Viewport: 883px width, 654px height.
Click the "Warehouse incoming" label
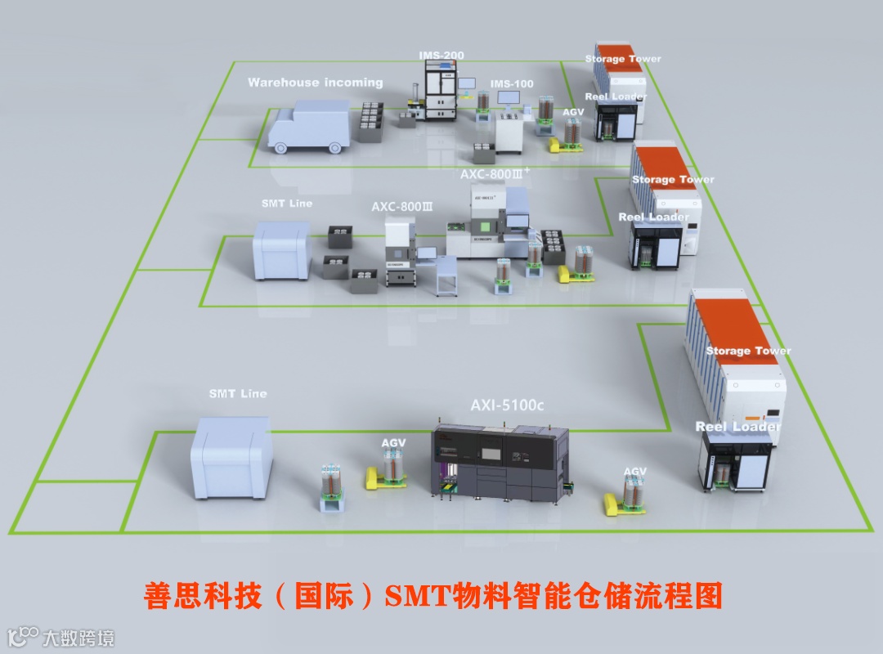[x=315, y=83]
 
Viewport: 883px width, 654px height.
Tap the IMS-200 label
[x=441, y=56]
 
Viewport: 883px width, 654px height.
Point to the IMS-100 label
[x=512, y=84]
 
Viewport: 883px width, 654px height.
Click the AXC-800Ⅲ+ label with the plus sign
[x=495, y=174]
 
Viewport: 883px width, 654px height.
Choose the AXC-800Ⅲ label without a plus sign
[x=401, y=207]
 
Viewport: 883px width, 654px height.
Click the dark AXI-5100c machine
[x=499, y=462]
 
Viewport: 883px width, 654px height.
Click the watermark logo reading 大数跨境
[x=61, y=637]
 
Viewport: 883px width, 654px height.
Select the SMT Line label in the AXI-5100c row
[x=238, y=394]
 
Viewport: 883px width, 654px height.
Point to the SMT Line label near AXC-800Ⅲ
[x=286, y=204]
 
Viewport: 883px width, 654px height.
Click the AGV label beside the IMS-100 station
[x=574, y=112]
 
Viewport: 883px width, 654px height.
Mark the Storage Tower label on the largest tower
[x=748, y=351]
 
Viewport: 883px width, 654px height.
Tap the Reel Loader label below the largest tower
[x=737, y=427]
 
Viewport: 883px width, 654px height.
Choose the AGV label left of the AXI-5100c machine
[x=393, y=443]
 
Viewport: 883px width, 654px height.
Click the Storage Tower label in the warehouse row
[x=623, y=59]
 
